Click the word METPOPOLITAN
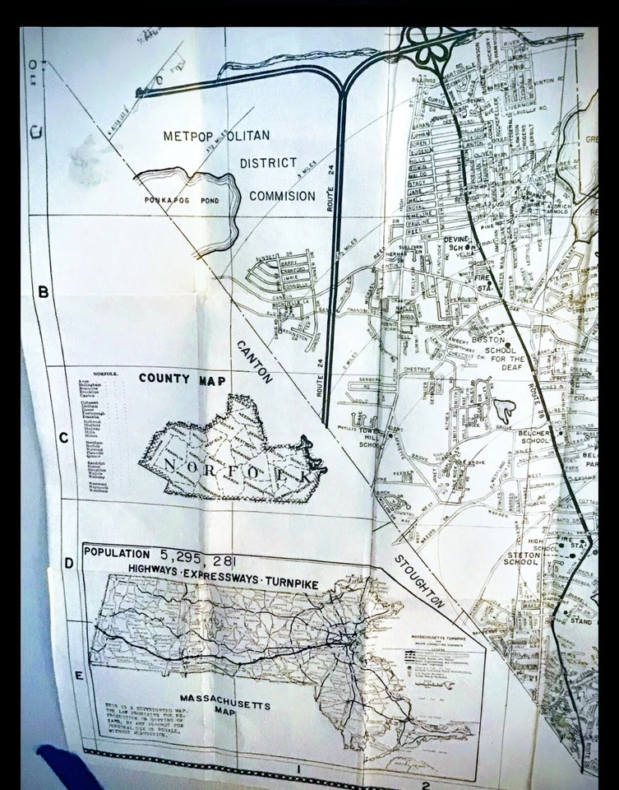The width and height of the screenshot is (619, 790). pyautogui.click(x=216, y=136)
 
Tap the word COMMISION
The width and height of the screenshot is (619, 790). pyautogui.click(x=282, y=196)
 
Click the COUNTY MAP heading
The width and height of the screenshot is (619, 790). pyautogui.click(x=182, y=379)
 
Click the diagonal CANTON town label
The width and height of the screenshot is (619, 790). pyautogui.click(x=255, y=361)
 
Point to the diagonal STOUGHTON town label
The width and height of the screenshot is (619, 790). pyautogui.click(x=418, y=581)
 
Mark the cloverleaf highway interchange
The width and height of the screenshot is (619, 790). pyautogui.click(x=432, y=50)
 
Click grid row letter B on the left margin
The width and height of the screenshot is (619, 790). pyautogui.click(x=44, y=292)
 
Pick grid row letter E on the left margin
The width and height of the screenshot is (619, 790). pyautogui.click(x=79, y=676)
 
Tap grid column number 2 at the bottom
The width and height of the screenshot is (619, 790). pyautogui.click(x=426, y=785)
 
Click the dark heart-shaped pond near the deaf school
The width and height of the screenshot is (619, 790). pyautogui.click(x=503, y=408)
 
